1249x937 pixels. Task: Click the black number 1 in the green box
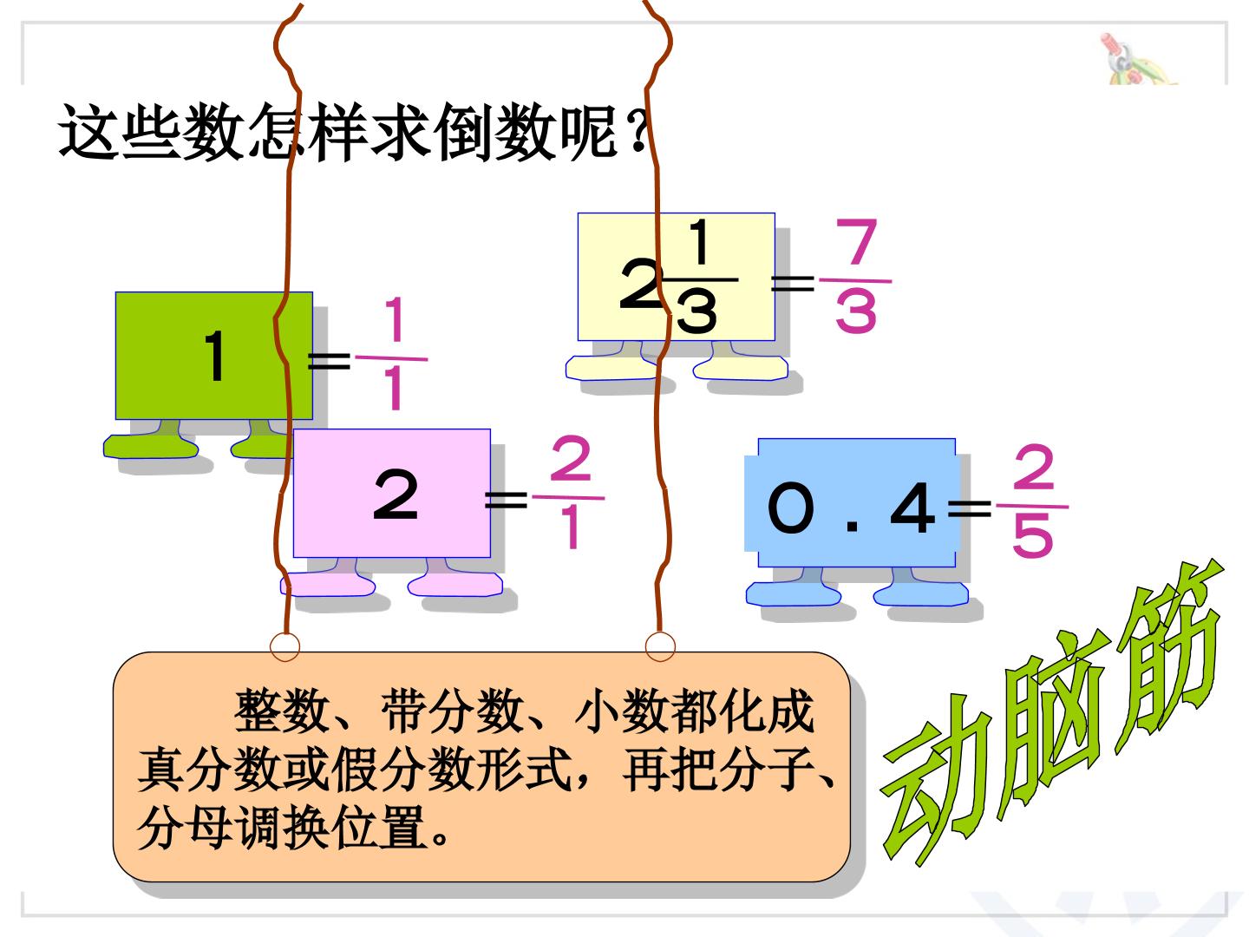click(216, 356)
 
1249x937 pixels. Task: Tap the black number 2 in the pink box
click(396, 494)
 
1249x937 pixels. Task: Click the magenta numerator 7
click(856, 242)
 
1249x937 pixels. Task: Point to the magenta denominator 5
click(1033, 534)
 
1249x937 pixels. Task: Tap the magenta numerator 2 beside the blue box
click(1033, 467)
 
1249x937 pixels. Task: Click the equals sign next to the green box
click(329, 360)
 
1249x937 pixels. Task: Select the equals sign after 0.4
click(970, 508)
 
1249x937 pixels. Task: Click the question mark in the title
click(638, 132)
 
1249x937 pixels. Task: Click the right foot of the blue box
click(920, 586)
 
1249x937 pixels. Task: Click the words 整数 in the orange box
click(282, 711)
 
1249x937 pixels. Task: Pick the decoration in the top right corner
click(1137, 60)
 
